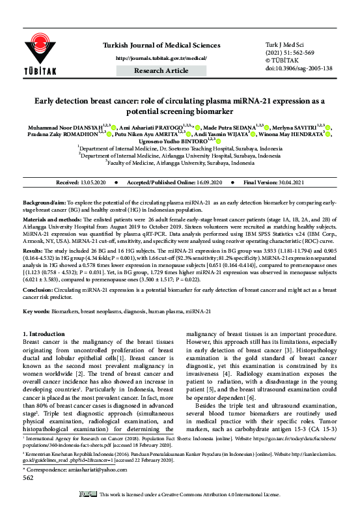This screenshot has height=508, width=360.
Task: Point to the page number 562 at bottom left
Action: click(x=28, y=477)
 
